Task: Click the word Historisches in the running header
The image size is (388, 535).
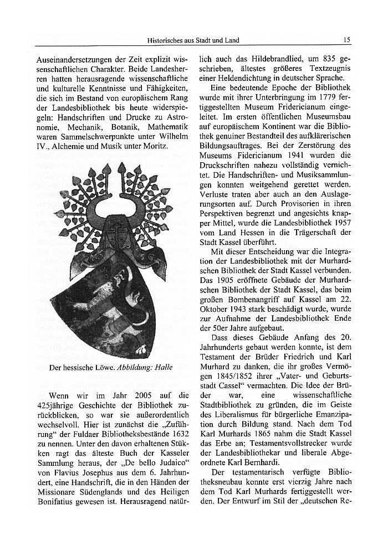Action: pyautogui.click(x=165, y=40)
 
